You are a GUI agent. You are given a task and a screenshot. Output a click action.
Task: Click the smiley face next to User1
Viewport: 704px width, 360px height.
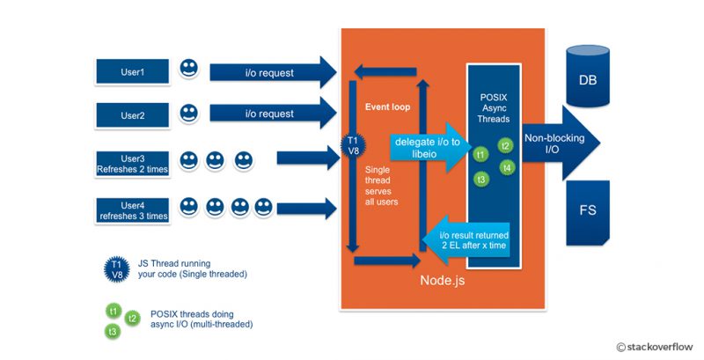[x=188, y=68]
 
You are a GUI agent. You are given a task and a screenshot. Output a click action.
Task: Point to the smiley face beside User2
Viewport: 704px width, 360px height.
[x=188, y=113]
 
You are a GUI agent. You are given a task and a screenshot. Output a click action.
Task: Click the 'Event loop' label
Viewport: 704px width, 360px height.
[x=388, y=107]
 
